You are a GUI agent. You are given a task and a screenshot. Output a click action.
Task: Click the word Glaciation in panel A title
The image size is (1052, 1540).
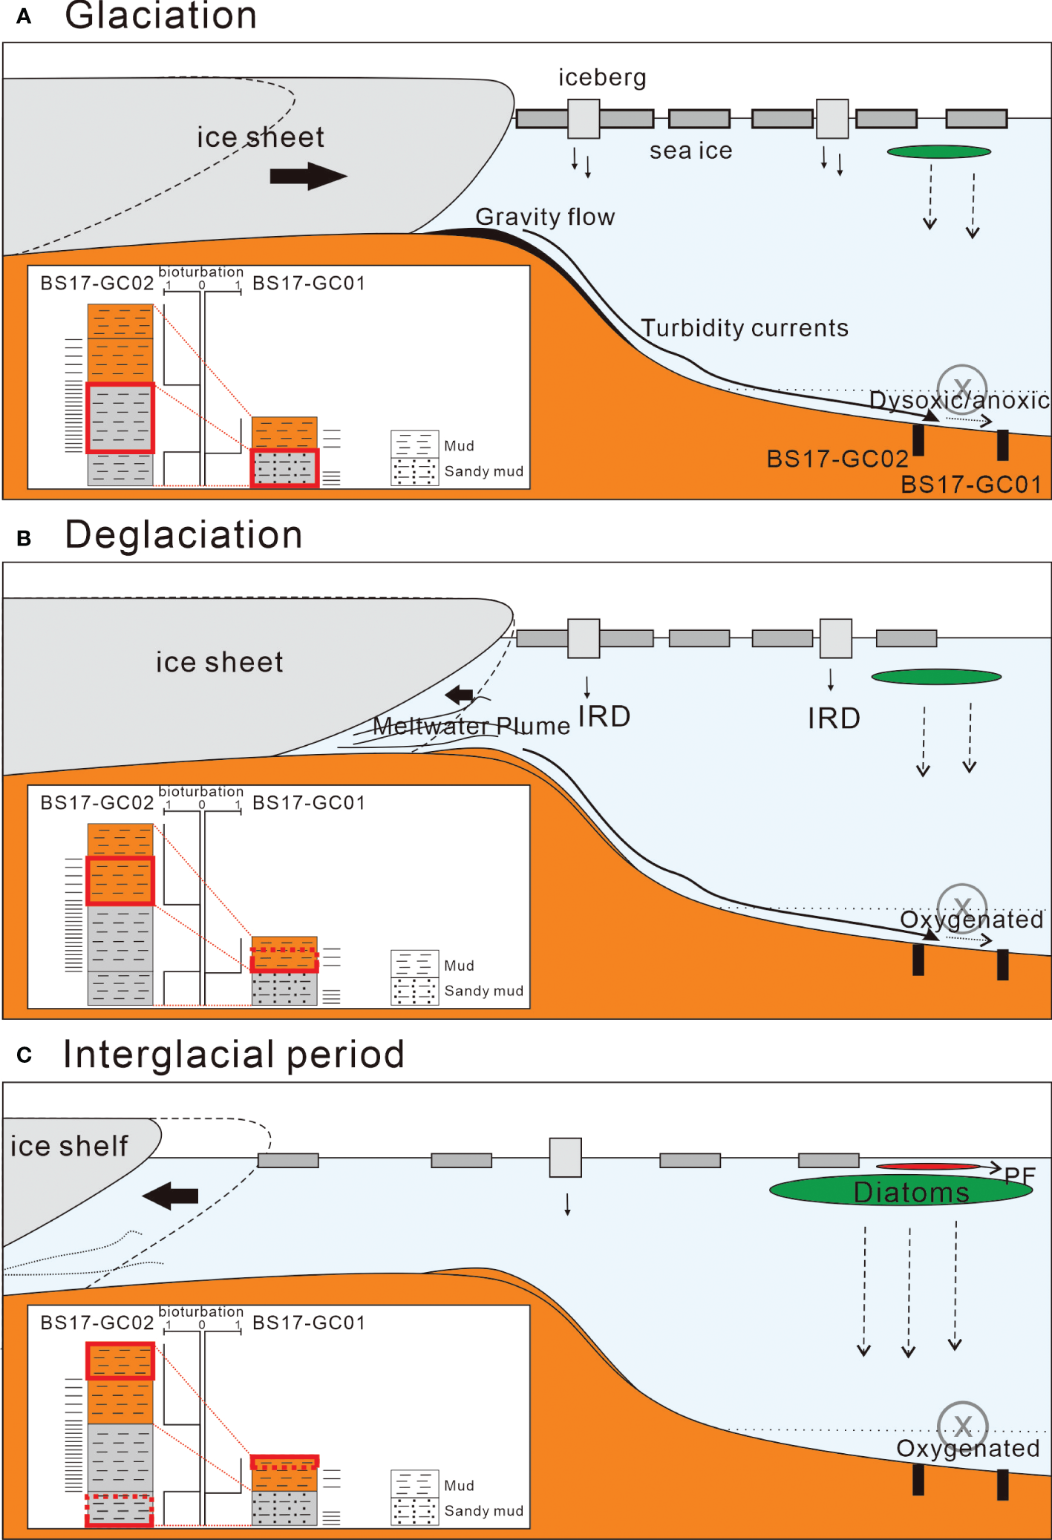pos(160,16)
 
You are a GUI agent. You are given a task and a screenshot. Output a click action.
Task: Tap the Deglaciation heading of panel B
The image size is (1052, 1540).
pos(183,535)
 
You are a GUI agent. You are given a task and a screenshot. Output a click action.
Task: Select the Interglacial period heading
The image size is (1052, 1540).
pos(233,1055)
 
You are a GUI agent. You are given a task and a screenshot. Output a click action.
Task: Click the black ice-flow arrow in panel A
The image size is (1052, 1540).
pos(307,176)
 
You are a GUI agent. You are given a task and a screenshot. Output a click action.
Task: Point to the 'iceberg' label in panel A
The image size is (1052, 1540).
pos(602,77)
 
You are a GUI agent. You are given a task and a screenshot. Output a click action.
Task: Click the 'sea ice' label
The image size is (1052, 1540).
pos(690,151)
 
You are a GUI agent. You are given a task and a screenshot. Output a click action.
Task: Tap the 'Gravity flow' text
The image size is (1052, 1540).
pos(545,217)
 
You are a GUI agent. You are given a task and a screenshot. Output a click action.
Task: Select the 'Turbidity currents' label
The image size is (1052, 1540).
pos(744,328)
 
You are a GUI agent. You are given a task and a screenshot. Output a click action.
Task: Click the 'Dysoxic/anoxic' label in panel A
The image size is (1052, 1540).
pos(959,401)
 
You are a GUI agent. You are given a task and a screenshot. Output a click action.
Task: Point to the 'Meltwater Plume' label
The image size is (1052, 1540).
pos(471,726)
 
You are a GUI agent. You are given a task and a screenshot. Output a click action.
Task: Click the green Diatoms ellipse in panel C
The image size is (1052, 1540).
pos(901,1190)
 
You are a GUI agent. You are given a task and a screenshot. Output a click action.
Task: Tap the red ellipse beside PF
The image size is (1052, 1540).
pos(928,1167)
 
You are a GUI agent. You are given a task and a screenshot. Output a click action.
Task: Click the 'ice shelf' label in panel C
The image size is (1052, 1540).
pos(69,1146)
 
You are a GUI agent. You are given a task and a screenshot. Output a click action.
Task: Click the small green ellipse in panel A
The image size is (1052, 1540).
pos(938,152)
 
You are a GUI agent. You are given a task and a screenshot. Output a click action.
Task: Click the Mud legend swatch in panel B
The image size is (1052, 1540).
pos(414,964)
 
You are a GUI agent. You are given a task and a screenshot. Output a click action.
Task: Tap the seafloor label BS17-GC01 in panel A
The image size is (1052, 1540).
pos(970,485)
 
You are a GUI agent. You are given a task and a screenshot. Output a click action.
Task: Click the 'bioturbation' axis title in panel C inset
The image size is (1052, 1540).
pos(200,1312)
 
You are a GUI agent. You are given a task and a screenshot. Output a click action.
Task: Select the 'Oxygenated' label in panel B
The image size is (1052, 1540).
pos(971,920)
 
